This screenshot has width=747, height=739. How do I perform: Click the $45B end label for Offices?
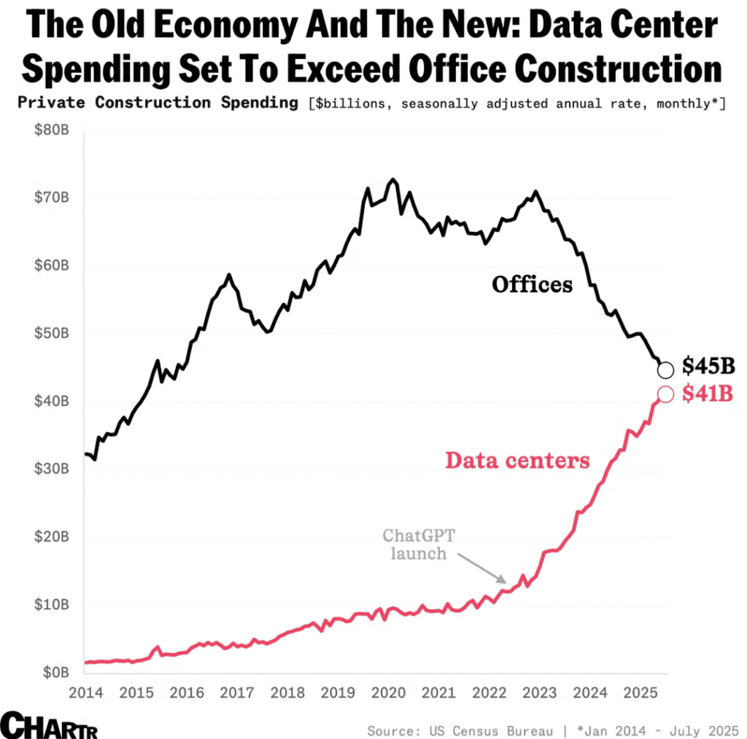pos(708,366)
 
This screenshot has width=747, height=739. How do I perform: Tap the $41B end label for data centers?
pos(708,394)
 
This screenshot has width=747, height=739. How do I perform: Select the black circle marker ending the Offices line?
pos(665,370)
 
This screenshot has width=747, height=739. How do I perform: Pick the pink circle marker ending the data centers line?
pos(665,394)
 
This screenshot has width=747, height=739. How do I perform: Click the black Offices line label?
pos(532,284)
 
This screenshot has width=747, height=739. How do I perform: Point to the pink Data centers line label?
pos(517,461)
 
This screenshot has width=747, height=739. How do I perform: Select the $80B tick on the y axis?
pos(51,130)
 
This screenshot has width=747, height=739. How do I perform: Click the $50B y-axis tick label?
pos(51,333)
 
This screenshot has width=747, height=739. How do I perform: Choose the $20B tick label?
pos(51,536)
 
